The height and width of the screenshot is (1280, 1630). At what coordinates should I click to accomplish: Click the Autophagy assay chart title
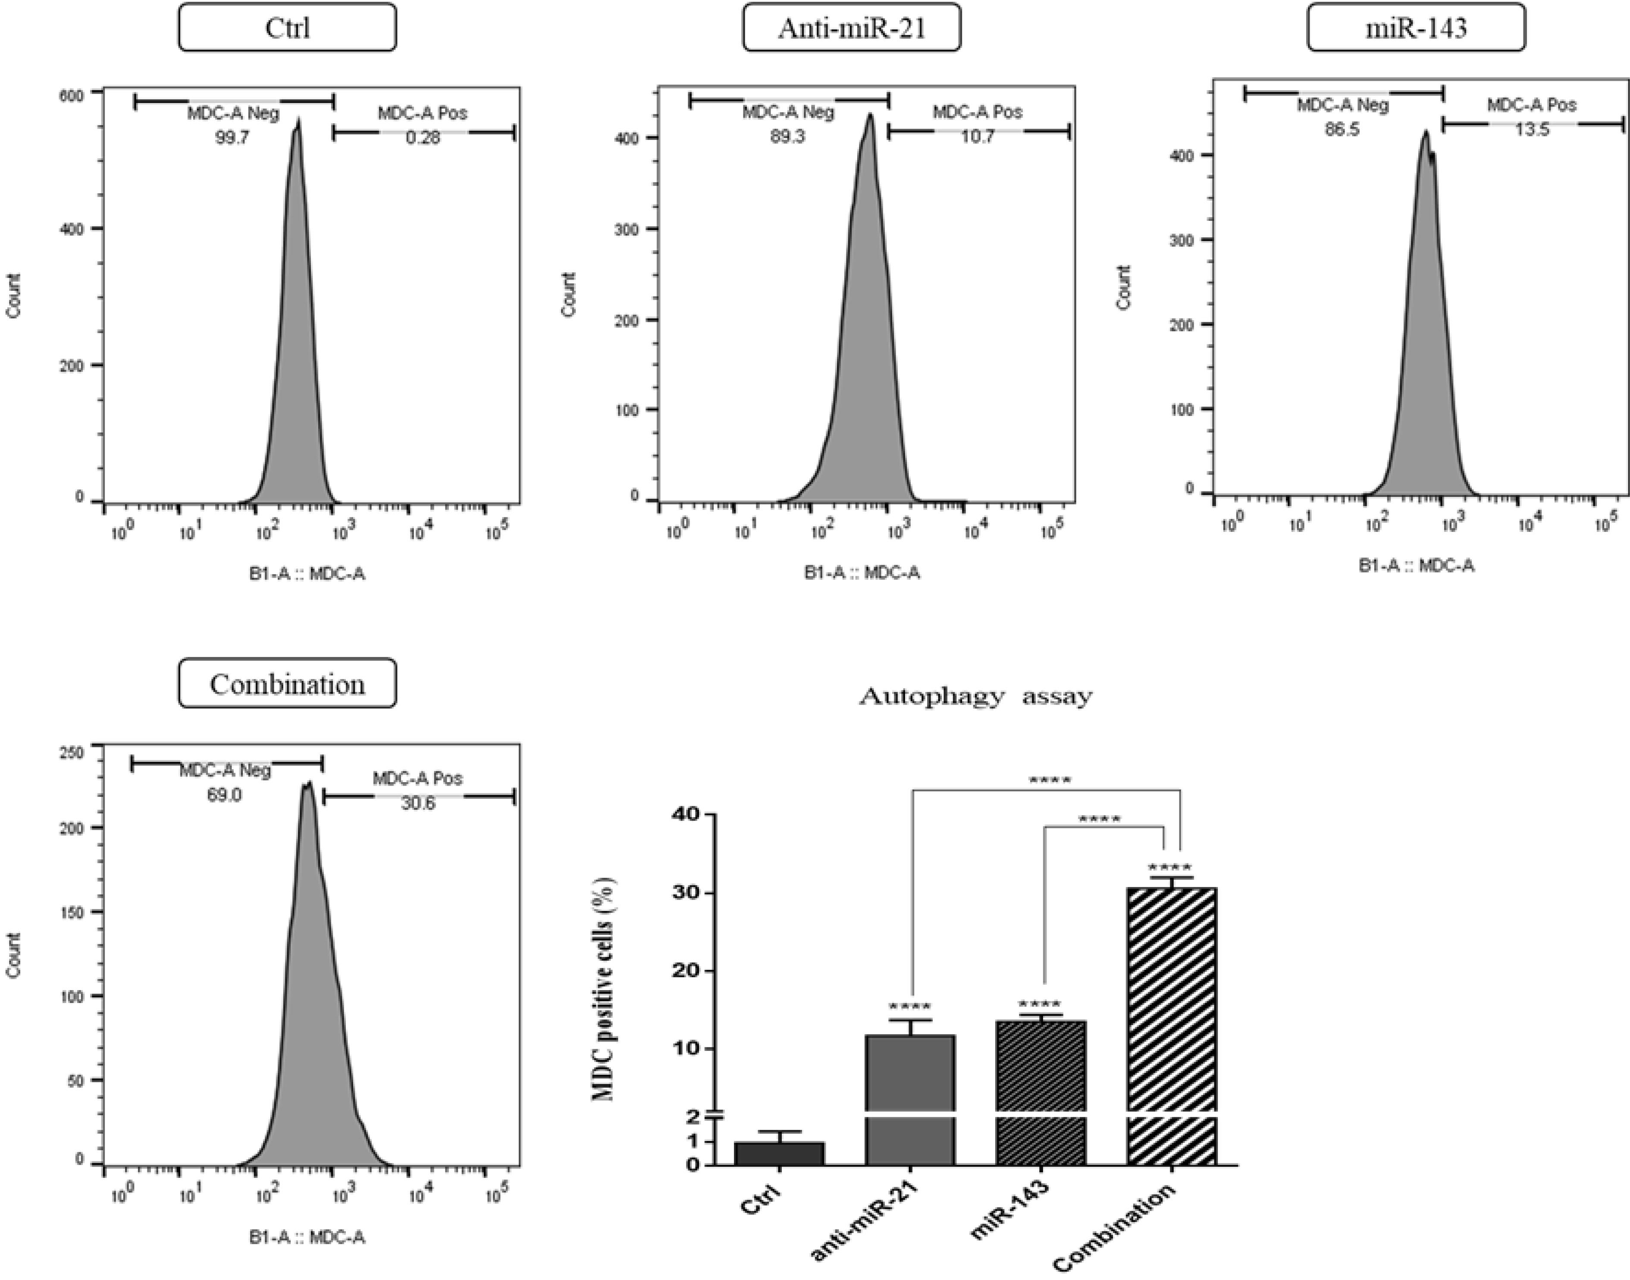(975, 696)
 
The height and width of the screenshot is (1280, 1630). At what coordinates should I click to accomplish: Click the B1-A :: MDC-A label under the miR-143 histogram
(1417, 566)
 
